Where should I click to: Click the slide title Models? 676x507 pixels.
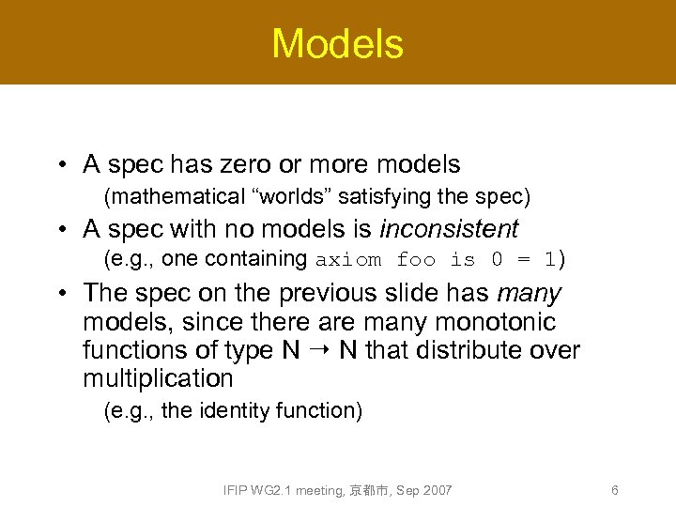coord(337,43)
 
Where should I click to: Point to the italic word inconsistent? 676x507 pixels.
coord(449,228)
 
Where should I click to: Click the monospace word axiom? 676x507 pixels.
coord(348,259)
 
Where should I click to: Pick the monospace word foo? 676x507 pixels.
coord(417,259)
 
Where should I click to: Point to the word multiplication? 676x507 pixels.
coord(158,378)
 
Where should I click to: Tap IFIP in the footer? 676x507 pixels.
coord(237,490)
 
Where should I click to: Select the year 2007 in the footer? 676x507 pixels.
coord(437,490)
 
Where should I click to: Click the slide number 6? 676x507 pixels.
coord(614,490)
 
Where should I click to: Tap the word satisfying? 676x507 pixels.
coord(379,197)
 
